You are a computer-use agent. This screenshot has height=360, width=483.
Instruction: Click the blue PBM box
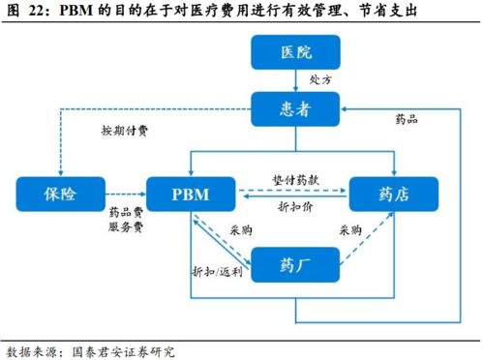click(x=191, y=194)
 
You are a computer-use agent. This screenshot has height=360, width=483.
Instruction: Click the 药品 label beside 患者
click(x=407, y=120)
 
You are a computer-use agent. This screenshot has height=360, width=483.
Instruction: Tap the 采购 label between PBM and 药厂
click(x=241, y=230)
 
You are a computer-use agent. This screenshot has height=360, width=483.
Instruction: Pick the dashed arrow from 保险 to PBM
click(x=123, y=195)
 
